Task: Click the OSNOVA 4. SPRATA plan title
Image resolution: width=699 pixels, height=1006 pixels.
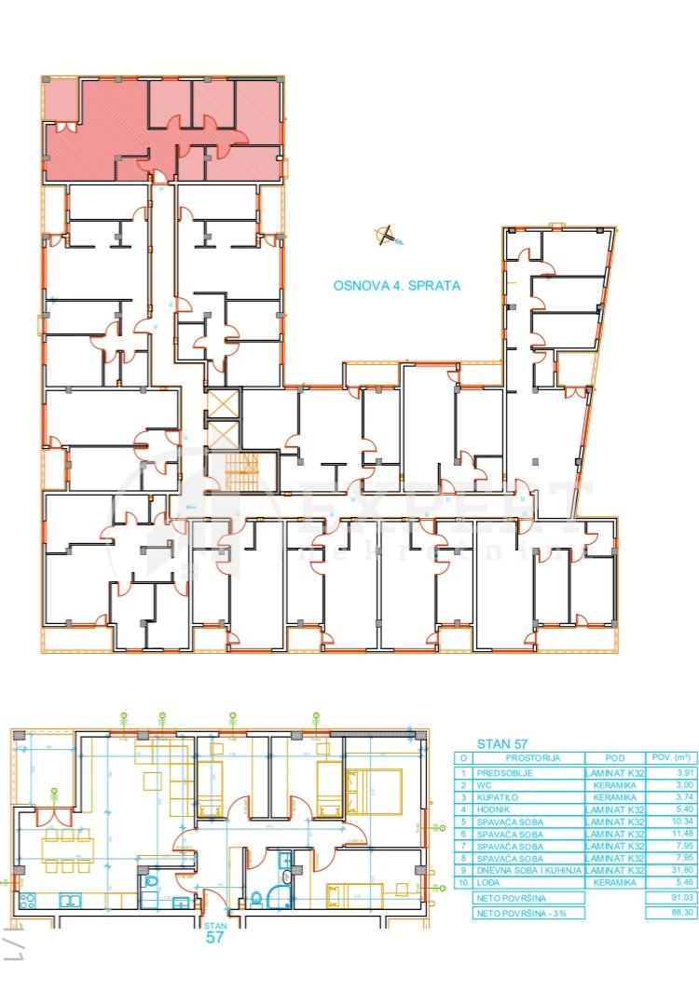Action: pos(397,286)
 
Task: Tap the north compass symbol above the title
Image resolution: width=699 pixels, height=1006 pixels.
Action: pos(386,236)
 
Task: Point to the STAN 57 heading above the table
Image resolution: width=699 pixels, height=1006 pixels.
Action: pos(502,743)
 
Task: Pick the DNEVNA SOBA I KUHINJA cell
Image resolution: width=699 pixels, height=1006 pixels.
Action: pos(529,870)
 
